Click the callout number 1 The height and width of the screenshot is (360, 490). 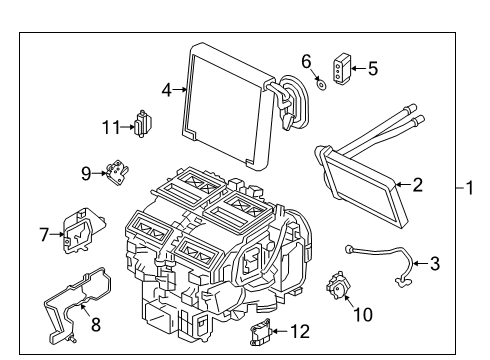pyautogui.click(x=473, y=187)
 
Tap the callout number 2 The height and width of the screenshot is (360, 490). pyautogui.click(x=419, y=183)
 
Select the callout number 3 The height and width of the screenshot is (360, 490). pyautogui.click(x=434, y=264)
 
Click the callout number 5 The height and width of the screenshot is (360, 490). pyautogui.click(x=372, y=69)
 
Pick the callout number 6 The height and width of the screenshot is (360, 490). pyautogui.click(x=307, y=60)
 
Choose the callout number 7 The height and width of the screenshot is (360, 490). pyautogui.click(x=43, y=236)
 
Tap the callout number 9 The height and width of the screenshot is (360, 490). pyautogui.click(x=86, y=173)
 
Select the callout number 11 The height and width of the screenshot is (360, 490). pyautogui.click(x=111, y=126)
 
